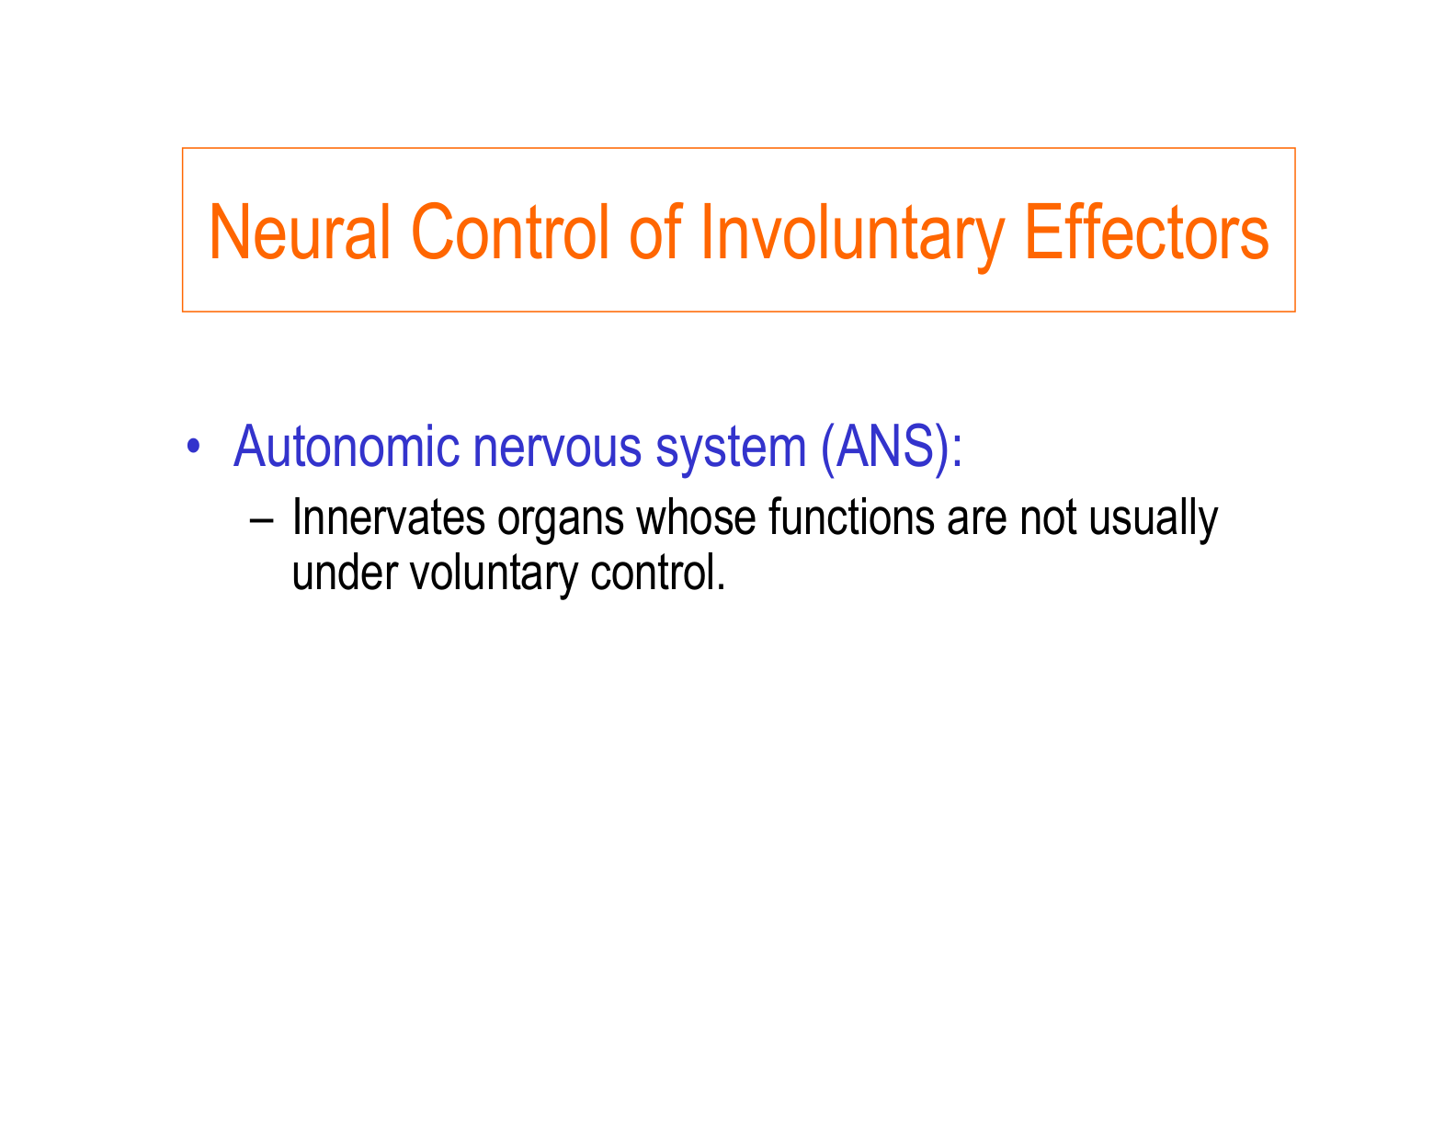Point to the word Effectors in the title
tap(1146, 233)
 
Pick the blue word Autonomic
tap(347, 447)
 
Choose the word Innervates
tap(388, 518)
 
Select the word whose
tap(696, 518)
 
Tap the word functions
tap(846, 518)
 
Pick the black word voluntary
tap(493, 574)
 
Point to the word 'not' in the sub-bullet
tap(1048, 518)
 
